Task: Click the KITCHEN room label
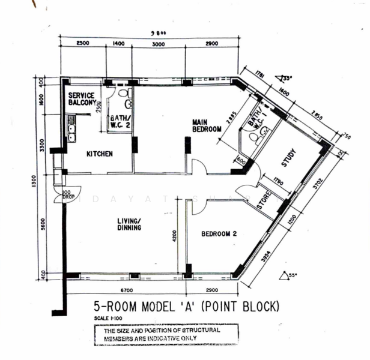[100, 154]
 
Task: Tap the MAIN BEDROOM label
[207, 125]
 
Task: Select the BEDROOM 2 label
[220, 234]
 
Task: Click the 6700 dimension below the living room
[125, 289]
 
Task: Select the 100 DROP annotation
[67, 194]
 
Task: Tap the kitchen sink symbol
[71, 131]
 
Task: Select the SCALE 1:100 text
[109, 318]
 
